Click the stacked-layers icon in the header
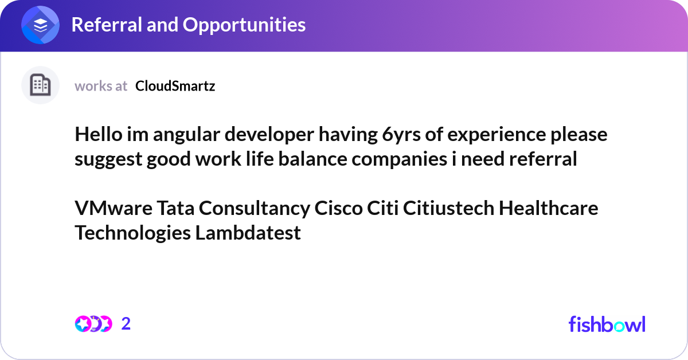(x=40, y=25)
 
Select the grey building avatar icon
(x=40, y=85)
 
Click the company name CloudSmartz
(x=175, y=86)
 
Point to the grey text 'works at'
(x=101, y=86)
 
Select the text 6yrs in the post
(x=399, y=135)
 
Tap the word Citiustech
(x=448, y=208)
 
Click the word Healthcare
(x=548, y=208)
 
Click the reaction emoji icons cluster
(x=93, y=324)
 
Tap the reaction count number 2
(x=126, y=324)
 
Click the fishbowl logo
(x=607, y=324)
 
